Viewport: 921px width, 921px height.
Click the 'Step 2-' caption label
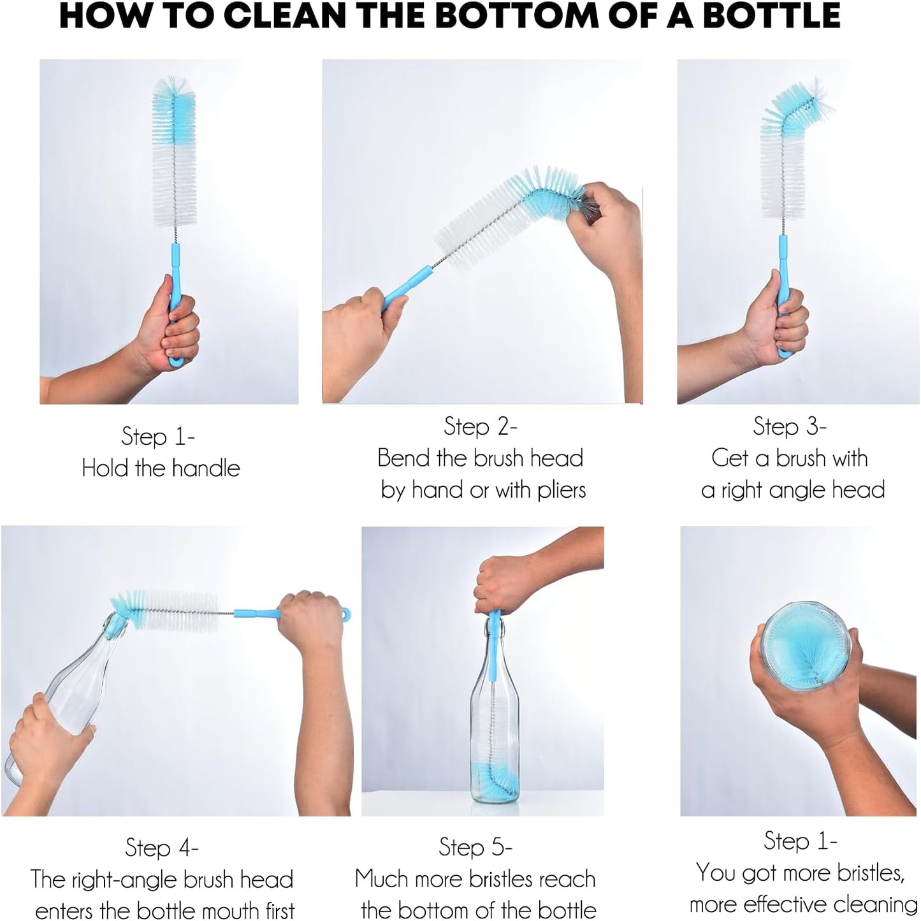tap(480, 426)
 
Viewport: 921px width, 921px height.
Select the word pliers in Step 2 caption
tap(562, 490)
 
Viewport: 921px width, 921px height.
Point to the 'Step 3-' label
tap(789, 426)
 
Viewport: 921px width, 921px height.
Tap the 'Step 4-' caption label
tap(161, 848)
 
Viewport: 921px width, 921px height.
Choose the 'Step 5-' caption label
tap(475, 847)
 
